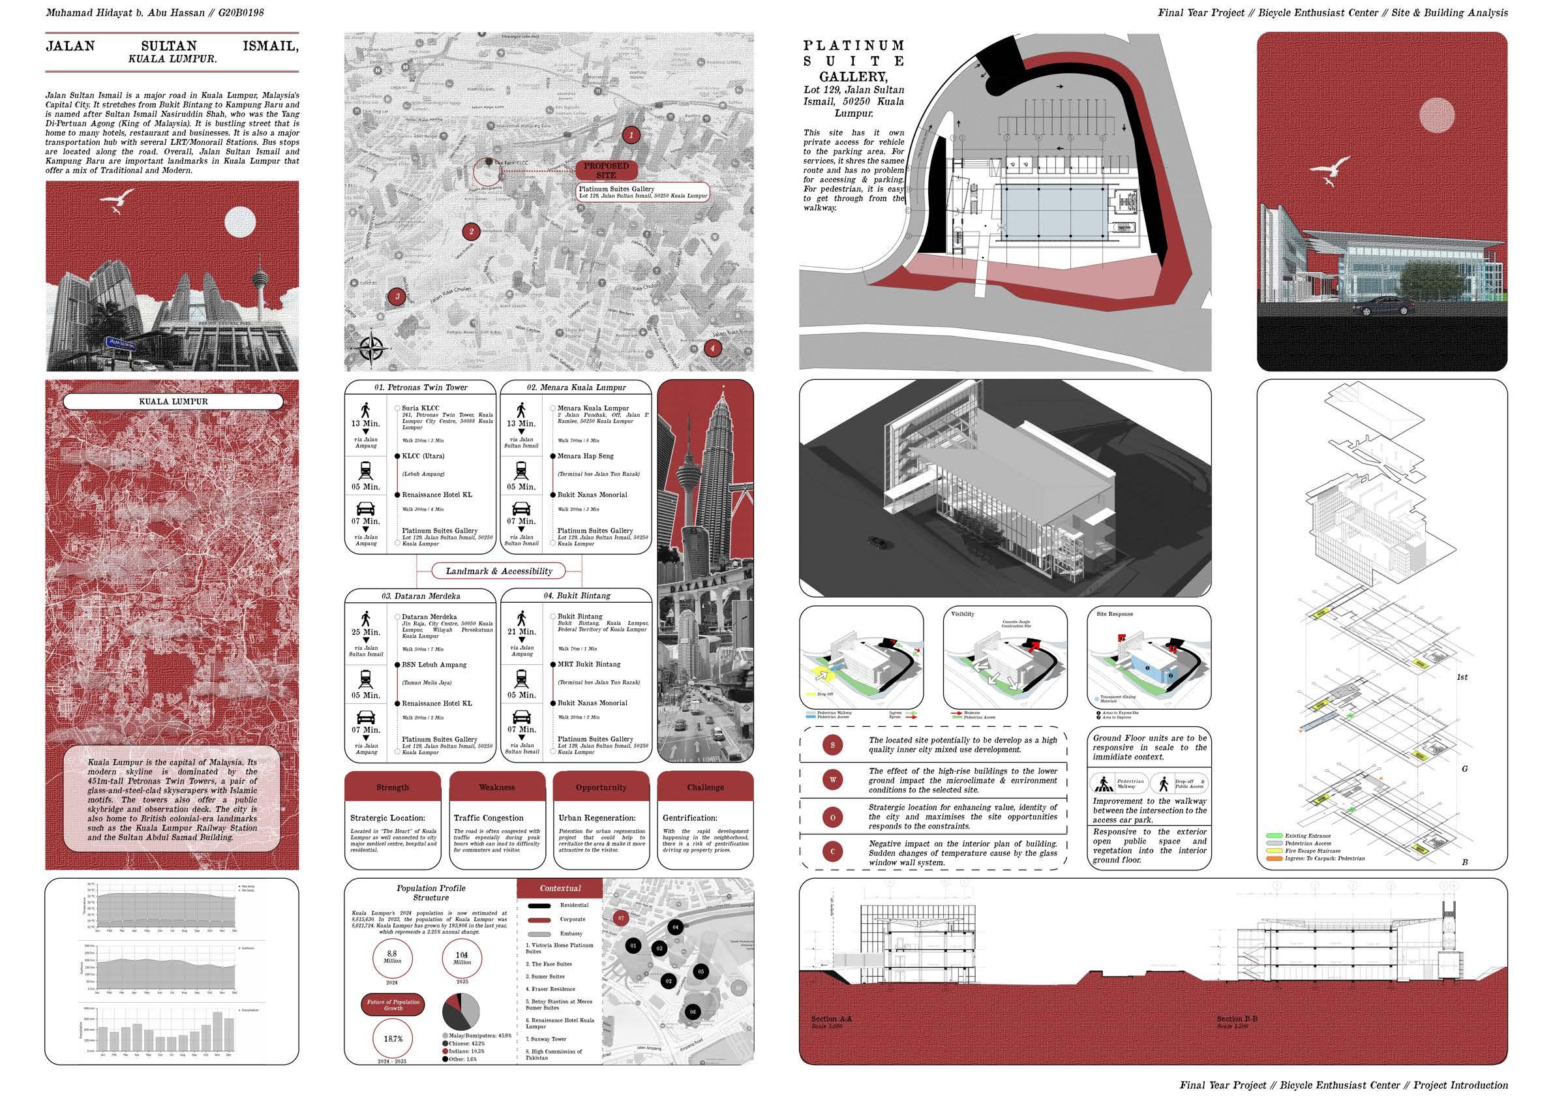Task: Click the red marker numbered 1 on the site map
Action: click(631, 135)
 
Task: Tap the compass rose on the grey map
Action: click(370, 349)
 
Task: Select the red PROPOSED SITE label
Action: click(606, 170)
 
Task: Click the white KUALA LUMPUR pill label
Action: click(173, 401)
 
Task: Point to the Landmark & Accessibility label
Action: click(499, 571)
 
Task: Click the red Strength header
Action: click(392, 787)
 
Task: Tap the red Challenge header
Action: click(705, 787)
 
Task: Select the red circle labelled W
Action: click(833, 780)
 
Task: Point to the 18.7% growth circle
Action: click(393, 1039)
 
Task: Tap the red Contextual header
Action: click(560, 889)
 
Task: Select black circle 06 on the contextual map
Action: click(693, 1012)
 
